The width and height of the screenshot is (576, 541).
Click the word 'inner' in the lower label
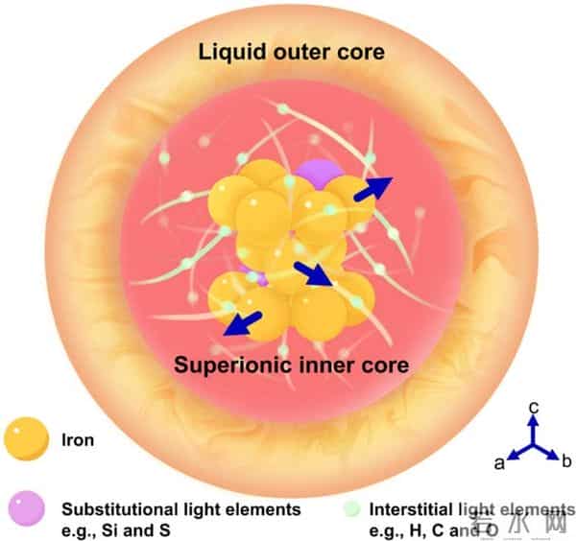coord(317,365)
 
